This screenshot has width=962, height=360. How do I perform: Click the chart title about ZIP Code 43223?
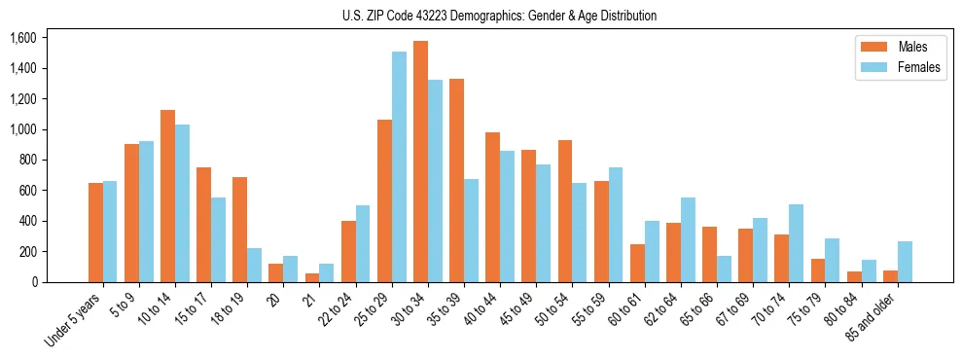click(499, 16)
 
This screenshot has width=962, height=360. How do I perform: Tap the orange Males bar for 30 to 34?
click(420, 162)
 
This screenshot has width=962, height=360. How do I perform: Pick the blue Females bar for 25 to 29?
click(399, 166)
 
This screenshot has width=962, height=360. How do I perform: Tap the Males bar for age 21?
click(312, 277)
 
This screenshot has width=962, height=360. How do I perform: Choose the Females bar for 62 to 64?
click(688, 239)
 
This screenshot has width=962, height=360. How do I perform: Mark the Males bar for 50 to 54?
click(565, 211)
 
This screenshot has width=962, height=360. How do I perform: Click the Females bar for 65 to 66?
click(724, 269)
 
